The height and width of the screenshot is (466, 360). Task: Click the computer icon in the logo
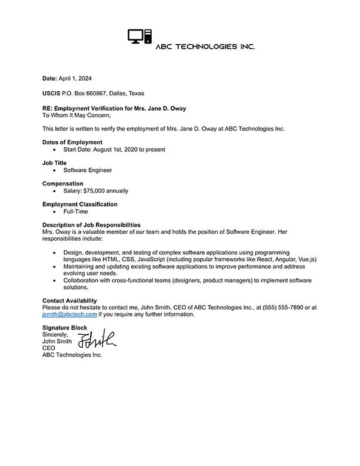click(139, 36)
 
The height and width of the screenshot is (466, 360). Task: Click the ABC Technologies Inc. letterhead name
click(205, 46)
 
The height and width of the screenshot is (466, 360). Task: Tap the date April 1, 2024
click(76, 78)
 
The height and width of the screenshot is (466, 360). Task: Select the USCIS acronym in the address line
click(51, 94)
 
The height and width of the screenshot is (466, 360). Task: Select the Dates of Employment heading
click(72, 142)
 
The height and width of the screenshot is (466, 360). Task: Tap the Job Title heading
click(55, 163)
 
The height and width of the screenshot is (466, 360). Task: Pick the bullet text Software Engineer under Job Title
click(88, 170)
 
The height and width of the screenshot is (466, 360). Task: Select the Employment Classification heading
click(79, 204)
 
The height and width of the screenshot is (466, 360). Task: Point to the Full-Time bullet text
click(76, 211)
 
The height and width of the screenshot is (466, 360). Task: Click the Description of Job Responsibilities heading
click(91, 225)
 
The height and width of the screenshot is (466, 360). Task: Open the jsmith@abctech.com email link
click(69, 315)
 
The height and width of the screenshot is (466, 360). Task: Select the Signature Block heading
click(65, 328)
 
